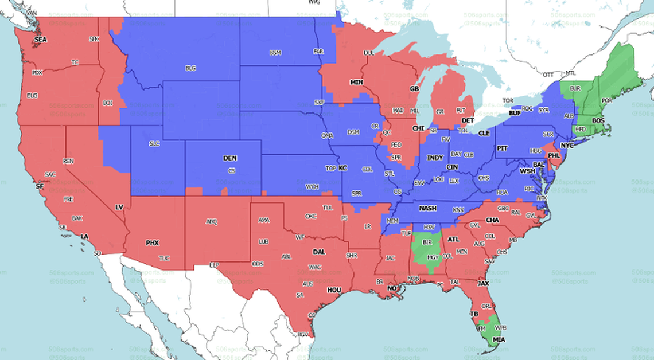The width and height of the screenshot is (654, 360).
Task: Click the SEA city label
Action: [x=40, y=39]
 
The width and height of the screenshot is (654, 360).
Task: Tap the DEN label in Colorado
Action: [x=230, y=158]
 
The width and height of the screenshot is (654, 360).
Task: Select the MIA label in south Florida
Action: [x=499, y=340]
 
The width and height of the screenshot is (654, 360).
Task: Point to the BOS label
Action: [x=598, y=121]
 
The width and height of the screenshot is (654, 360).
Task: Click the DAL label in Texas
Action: [x=318, y=252]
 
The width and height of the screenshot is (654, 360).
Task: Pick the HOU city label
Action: [x=334, y=290]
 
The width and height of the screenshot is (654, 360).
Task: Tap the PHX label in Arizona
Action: [x=152, y=243]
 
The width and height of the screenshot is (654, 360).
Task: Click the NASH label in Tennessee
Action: [x=427, y=208]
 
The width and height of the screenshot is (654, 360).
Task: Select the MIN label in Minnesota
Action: [x=357, y=83]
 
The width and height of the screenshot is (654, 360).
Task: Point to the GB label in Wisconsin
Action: [x=414, y=89]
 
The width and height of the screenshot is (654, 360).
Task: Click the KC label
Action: [x=342, y=168]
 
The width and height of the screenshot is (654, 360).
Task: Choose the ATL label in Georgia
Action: [x=453, y=239]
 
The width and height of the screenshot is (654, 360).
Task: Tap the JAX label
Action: [x=483, y=283]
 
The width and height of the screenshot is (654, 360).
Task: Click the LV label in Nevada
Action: [x=119, y=207]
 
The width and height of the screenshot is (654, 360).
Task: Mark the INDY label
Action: [x=435, y=158]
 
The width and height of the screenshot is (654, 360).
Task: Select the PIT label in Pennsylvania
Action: [x=503, y=148]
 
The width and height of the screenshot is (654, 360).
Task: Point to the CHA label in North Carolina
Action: [x=492, y=220]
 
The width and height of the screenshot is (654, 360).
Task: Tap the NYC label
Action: [x=567, y=146]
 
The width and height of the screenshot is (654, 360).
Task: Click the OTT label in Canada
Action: [x=549, y=75]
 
